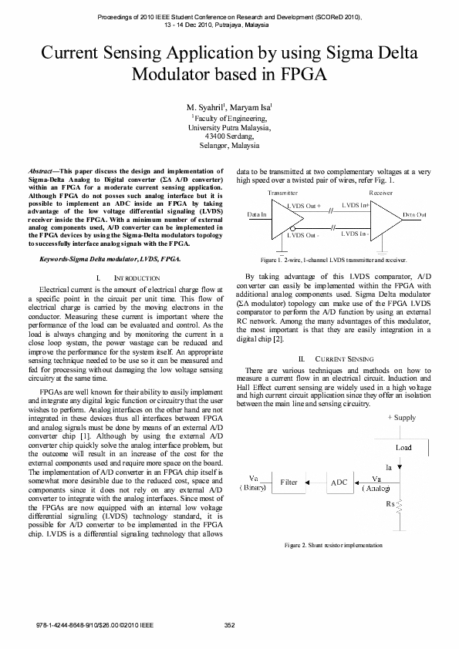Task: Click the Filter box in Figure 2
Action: click(x=289, y=482)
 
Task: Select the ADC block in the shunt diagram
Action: click(x=339, y=483)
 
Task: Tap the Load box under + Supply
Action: click(x=403, y=447)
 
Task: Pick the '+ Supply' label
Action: click(x=401, y=417)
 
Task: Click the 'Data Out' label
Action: click(x=416, y=214)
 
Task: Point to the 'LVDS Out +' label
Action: click(x=303, y=206)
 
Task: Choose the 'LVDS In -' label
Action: click(x=354, y=233)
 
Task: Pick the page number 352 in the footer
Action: click(x=229, y=624)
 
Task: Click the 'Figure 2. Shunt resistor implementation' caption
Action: click(x=333, y=545)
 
